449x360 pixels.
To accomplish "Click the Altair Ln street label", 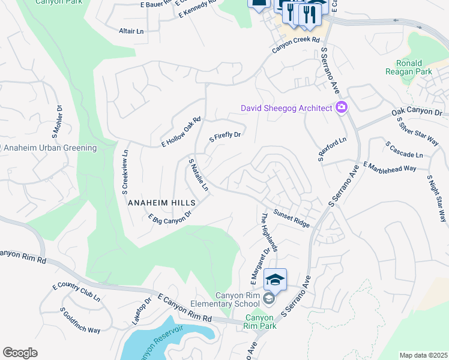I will coord(132,31).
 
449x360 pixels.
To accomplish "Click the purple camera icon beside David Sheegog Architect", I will coord(342,108).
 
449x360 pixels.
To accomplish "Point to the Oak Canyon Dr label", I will coord(417,112).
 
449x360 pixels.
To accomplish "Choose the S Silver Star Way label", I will coord(417,130).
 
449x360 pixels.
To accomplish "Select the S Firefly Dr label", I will coord(224,137).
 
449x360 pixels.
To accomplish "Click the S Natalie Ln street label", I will coord(198,175).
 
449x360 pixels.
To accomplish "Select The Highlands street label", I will coord(268,231).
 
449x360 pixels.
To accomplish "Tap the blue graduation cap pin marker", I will coord(275,280).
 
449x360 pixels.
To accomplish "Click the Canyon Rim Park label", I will coord(260,322).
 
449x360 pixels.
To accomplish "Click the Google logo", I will coord(20,352).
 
